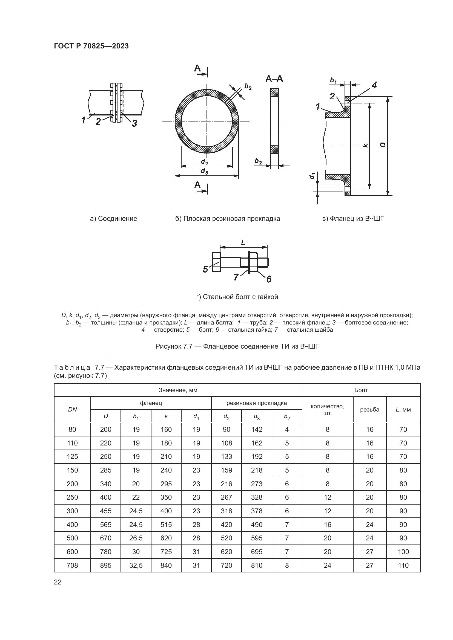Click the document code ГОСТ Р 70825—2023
pyautogui.click(x=91, y=46)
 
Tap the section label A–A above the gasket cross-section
pyautogui.click(x=274, y=79)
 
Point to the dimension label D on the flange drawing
pyautogui.click(x=383, y=145)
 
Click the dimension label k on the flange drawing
pyautogui.click(x=366, y=145)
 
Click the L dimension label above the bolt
pyautogui.click(x=243, y=243)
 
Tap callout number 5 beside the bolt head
pyautogui.click(x=206, y=269)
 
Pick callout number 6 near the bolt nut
pyautogui.click(x=268, y=279)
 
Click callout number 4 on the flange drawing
pyautogui.click(x=374, y=85)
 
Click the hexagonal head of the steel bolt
pyautogui.click(x=216, y=262)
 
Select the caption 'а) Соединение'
pyautogui.click(x=114, y=219)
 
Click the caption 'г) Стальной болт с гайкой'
pyautogui.click(x=237, y=297)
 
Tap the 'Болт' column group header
pyautogui.click(x=361, y=390)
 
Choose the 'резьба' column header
pyautogui.click(x=369, y=410)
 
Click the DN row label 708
pyautogui.click(x=72, y=565)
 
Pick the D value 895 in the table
pyautogui.click(x=106, y=565)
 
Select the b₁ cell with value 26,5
pyautogui.click(x=136, y=538)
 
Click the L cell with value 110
pyautogui.click(x=403, y=565)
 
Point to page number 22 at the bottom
pyautogui.click(x=58, y=582)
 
